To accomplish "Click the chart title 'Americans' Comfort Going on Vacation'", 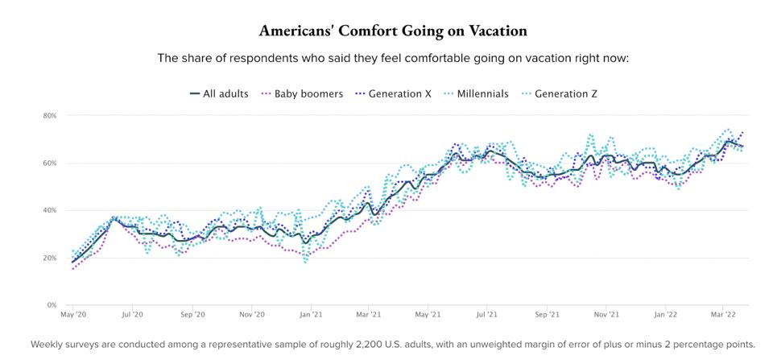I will [393, 31].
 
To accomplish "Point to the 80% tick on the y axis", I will [50, 116].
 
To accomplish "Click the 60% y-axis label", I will [50, 163].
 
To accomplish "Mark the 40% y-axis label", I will [50, 211].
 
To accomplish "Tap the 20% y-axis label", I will [50, 259].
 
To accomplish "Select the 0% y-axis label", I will [52, 306].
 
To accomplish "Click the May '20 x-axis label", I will [73, 315].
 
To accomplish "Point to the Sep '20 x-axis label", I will [193, 315].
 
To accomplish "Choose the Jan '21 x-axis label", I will [312, 315].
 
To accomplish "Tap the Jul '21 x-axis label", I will [487, 315].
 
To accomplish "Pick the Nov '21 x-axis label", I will [606, 315].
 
